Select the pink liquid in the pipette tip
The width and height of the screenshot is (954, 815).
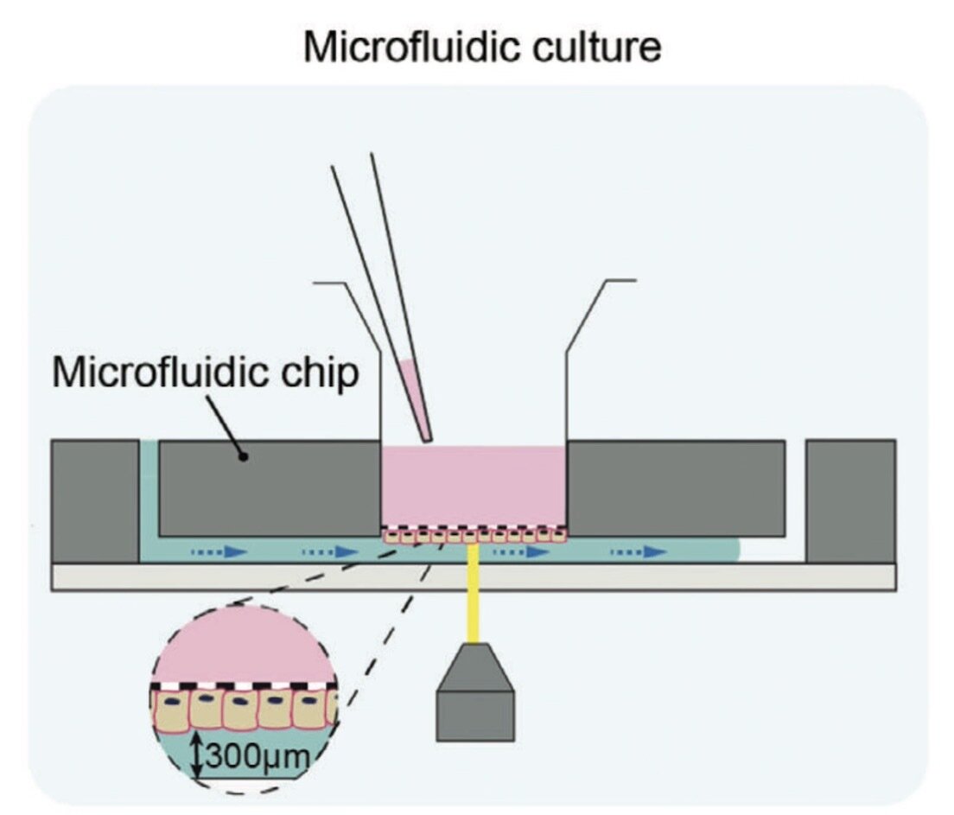[416, 398]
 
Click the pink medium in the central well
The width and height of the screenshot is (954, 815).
[473, 484]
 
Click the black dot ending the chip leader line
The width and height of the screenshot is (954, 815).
[245, 455]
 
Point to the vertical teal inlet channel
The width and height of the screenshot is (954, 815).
[149, 493]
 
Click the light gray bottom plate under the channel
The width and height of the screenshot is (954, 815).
[473, 576]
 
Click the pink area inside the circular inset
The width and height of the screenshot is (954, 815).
[243, 644]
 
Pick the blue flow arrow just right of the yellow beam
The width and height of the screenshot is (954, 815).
[518, 551]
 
